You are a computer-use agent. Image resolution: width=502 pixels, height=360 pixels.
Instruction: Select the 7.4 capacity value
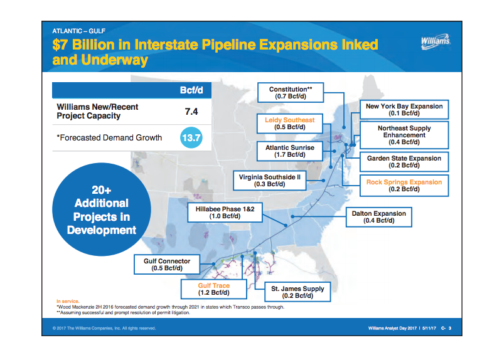191,112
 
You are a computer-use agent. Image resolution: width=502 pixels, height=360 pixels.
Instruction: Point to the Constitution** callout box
290,93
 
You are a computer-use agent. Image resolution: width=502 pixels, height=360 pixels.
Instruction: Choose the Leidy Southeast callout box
289,123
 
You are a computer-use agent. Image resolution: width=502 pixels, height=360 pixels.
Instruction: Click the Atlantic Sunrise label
289,151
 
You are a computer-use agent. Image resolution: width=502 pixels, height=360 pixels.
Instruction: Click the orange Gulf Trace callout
214,289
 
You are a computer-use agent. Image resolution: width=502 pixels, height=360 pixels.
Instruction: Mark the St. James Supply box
297,292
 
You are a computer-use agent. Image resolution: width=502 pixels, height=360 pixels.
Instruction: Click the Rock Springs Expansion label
404,186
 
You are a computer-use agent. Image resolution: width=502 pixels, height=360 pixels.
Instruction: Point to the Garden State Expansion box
404,162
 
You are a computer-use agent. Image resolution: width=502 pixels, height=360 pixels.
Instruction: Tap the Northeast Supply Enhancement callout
404,135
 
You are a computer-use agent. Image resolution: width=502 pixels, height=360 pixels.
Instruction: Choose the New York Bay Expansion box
404,110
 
